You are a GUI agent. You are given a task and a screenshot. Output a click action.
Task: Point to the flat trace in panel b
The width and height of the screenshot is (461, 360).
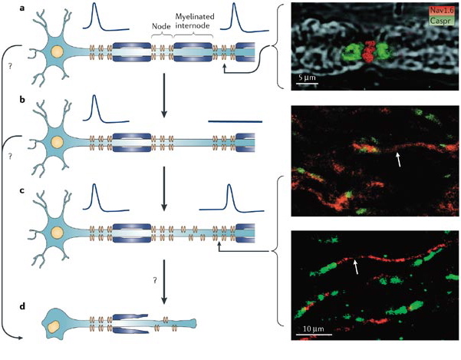point(235,121)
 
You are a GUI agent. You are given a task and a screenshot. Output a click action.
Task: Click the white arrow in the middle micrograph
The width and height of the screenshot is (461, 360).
point(397,159)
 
